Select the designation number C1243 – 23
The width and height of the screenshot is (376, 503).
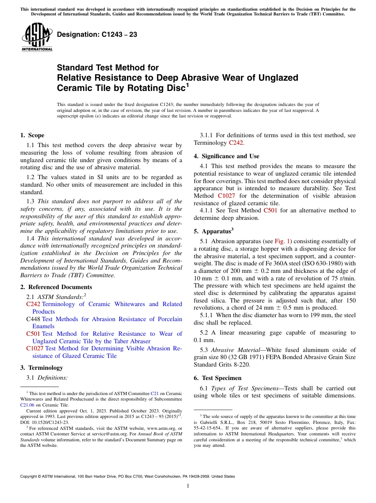point(97,34)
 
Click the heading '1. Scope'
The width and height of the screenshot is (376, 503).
point(32,135)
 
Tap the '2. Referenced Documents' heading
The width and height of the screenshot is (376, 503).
point(56,287)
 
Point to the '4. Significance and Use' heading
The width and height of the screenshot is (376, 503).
point(226,156)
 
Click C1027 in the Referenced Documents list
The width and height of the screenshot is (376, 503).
point(35,348)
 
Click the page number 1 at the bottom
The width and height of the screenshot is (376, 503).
point(188,486)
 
